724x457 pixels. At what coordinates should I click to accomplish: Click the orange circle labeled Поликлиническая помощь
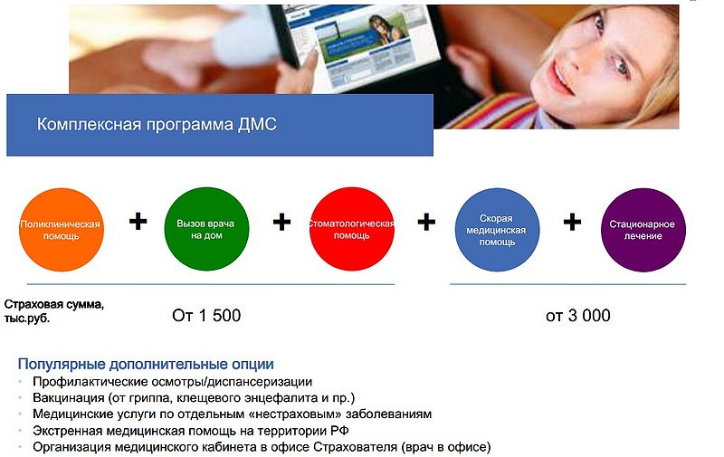click(62, 229)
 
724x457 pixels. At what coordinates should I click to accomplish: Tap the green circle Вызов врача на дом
click(206, 229)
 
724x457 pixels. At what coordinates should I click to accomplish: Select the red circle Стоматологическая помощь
click(352, 229)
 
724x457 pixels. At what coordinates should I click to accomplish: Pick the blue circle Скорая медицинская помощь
click(497, 229)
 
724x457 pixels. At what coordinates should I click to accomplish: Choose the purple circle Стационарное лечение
click(643, 229)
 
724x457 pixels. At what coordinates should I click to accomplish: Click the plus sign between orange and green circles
click(138, 221)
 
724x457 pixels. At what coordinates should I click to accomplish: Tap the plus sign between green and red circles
click(281, 221)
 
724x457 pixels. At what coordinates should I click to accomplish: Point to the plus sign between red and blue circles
click(426, 222)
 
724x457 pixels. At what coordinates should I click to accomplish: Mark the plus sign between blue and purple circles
click(572, 222)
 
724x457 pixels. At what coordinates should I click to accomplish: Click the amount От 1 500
click(206, 316)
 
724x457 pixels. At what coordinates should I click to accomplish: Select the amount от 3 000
click(577, 316)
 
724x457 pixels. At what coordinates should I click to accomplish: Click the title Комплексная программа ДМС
click(157, 124)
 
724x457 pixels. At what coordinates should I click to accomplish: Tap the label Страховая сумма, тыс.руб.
click(54, 311)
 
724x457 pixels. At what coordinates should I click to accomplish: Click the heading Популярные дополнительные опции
click(146, 365)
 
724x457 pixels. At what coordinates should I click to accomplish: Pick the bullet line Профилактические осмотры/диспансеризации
click(172, 382)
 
